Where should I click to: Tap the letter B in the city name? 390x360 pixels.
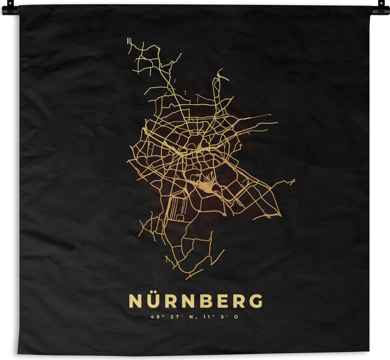pyautogui.click(x=205, y=301)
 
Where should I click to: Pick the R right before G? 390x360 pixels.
pyautogui.click(x=239, y=301)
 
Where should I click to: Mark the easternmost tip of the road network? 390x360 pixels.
pyautogui.click(x=294, y=180)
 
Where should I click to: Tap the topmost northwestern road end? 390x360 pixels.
pyautogui.click(x=128, y=39)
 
